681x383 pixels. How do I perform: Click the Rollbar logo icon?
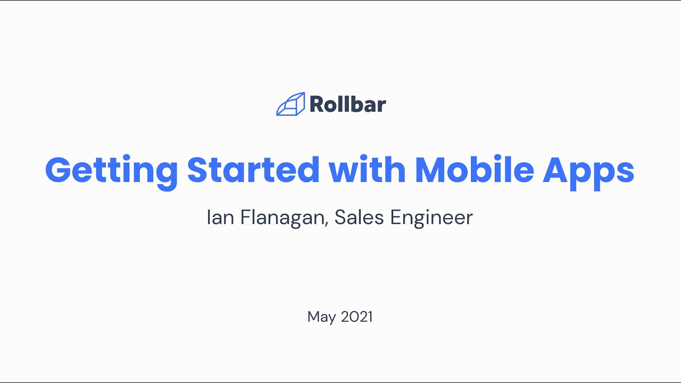[290, 104]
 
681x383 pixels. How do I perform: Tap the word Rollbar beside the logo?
[347, 104]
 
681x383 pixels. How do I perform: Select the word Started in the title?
[253, 170]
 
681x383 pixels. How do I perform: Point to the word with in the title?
[367, 170]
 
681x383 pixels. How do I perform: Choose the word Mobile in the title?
[474, 170]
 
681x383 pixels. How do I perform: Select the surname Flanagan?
[282, 218]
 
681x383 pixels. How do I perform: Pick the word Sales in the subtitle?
[358, 218]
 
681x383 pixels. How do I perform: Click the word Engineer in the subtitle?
[431, 218]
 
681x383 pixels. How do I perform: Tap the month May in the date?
[321, 318]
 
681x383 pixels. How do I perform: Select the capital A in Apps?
[555, 170]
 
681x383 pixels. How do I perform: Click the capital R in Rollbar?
[317, 104]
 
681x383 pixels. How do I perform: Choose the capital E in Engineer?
[396, 218]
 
